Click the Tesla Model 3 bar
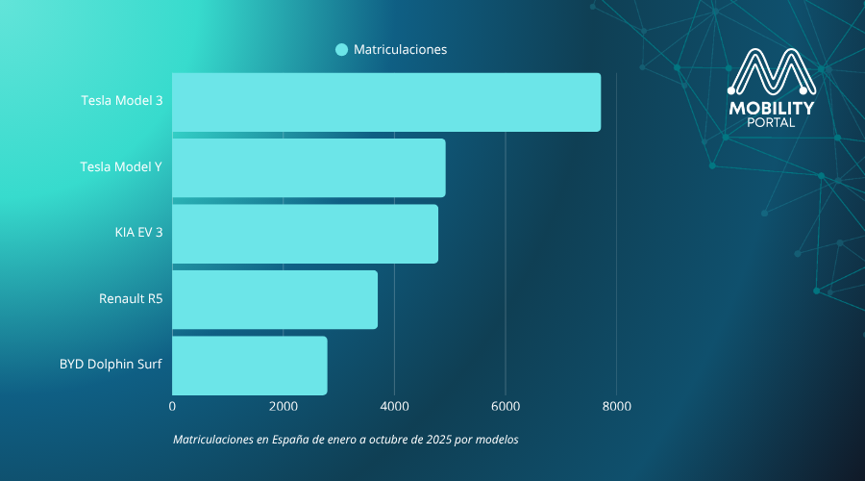(386, 102)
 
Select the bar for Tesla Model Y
(309, 167)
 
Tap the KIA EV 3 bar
(305, 234)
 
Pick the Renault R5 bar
(275, 299)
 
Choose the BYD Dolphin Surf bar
(250, 366)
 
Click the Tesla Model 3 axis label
(121, 101)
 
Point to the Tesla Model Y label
(121, 166)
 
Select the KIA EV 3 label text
(138, 232)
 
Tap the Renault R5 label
(131, 298)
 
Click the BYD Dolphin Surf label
(111, 365)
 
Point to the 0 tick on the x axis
(172, 407)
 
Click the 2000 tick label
(283, 407)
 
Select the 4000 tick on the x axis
(394, 407)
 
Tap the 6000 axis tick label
(506, 407)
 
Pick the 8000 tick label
(616, 407)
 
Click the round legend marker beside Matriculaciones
(341, 50)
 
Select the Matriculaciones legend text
(400, 50)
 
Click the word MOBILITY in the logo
(772, 108)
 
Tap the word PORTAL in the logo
(772, 122)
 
